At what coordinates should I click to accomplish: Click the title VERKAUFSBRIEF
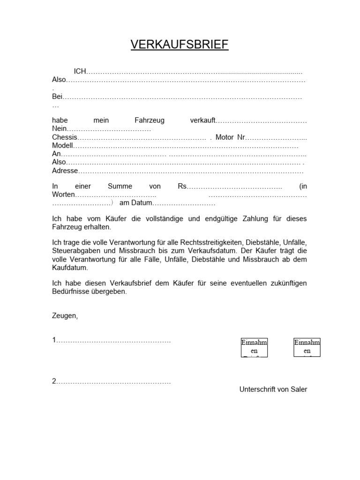click(180, 45)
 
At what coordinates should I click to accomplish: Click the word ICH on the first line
click(81, 72)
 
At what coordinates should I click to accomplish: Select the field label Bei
click(57, 97)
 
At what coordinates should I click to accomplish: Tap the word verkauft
click(202, 120)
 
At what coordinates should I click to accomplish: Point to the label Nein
click(60, 129)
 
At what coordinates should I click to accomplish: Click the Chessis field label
click(64, 137)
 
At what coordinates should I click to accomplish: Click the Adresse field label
click(65, 171)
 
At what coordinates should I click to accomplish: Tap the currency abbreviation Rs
click(182, 186)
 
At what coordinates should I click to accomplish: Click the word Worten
click(63, 195)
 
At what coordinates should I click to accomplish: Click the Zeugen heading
click(65, 315)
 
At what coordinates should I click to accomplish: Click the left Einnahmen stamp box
click(254, 347)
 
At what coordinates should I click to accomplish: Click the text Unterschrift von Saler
click(273, 390)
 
